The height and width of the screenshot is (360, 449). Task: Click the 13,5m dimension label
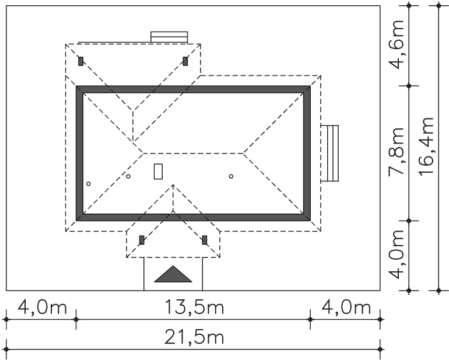(x=194, y=307)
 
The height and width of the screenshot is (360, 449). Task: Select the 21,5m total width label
(x=194, y=337)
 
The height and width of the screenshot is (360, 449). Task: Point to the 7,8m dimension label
(x=397, y=151)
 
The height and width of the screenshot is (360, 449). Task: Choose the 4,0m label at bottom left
(x=42, y=307)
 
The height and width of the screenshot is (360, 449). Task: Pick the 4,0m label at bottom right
(x=346, y=307)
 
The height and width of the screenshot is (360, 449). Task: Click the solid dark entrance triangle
(x=173, y=274)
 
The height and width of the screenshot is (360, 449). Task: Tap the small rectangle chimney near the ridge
(x=158, y=172)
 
